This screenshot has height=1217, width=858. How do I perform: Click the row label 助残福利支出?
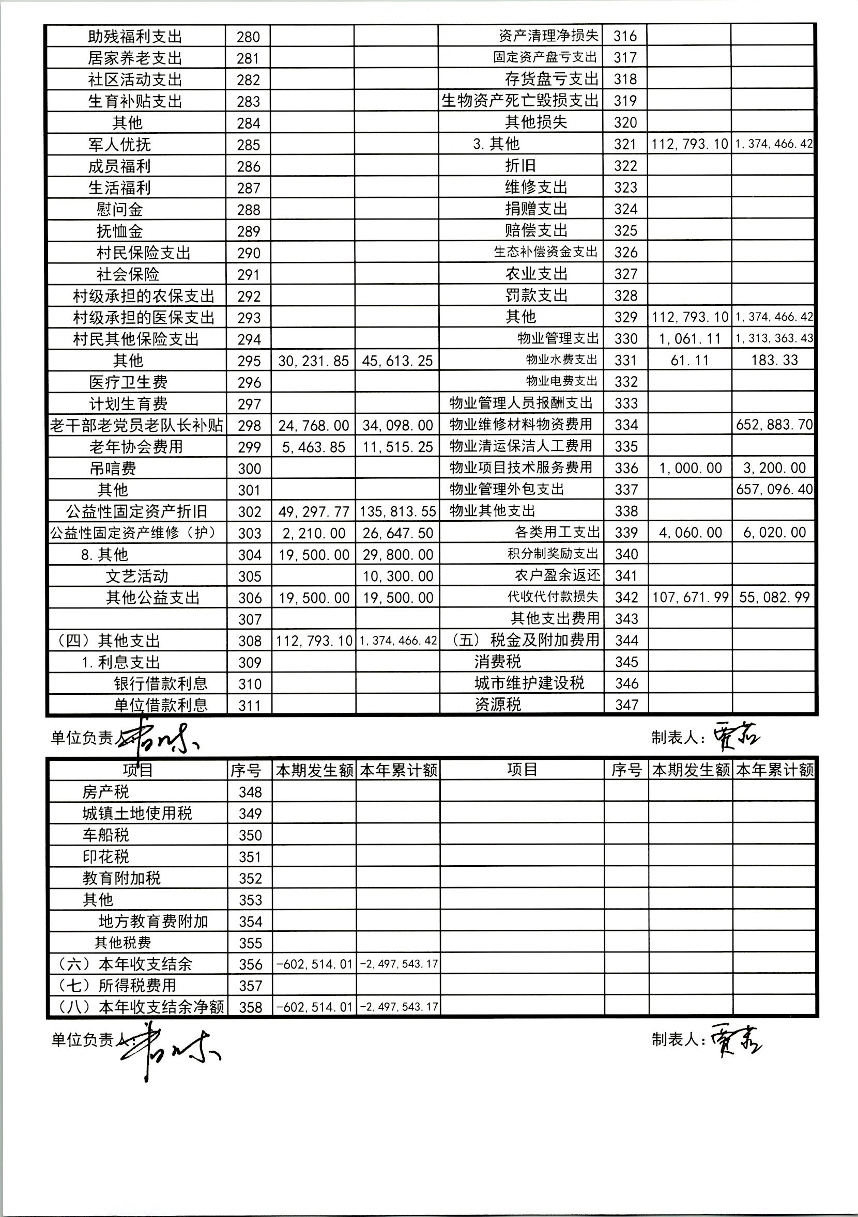[135, 37]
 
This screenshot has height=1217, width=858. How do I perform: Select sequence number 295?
[249, 361]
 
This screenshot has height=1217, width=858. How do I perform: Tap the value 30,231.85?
[313, 361]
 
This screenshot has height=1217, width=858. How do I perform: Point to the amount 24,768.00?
[313, 426]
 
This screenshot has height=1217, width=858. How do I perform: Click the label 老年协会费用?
[136, 447]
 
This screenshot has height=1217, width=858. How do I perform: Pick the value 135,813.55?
[397, 511]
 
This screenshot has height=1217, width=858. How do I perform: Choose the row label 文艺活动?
[137, 576]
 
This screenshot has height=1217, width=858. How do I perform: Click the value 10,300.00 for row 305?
[397, 576]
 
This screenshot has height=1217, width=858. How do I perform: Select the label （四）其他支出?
[106, 641]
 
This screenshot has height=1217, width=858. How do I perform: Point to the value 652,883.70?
[774, 425]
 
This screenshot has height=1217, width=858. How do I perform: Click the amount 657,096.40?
[774, 489]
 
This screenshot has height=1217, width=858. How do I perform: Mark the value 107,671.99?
[690, 597]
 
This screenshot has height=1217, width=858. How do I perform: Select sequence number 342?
[626, 597]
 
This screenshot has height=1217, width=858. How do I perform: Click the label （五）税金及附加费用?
[525, 641]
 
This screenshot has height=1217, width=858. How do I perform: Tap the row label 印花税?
[105, 856]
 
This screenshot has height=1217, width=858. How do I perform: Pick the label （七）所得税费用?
[116, 986]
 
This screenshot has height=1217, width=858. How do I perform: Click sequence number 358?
[250, 1007]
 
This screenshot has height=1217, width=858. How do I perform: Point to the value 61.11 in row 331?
[690, 361]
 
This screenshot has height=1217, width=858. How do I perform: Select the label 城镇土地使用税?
[137, 813]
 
